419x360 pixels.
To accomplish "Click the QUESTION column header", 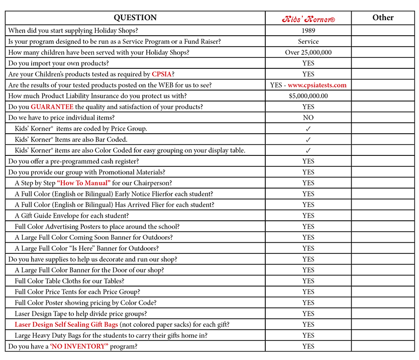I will click(x=135, y=18).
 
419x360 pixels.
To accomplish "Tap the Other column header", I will click(x=383, y=18).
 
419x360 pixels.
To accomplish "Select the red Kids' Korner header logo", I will click(x=308, y=19).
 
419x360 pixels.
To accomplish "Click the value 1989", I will click(x=308, y=31).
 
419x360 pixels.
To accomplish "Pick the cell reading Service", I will click(x=308, y=42).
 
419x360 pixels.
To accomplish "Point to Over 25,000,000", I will click(x=308, y=52).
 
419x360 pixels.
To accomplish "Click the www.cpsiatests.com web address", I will click(x=317, y=85).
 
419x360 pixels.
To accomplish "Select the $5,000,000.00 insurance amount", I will click(x=308, y=96).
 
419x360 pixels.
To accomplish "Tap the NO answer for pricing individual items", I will click(x=308, y=118).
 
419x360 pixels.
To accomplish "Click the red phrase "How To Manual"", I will click(x=83, y=183).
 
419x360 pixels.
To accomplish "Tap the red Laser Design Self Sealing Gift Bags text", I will click(x=66, y=324).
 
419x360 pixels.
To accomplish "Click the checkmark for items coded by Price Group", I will click(x=308, y=129).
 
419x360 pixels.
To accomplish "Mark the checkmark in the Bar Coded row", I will click(x=308, y=140).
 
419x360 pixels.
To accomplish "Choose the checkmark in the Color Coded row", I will click(x=308, y=150).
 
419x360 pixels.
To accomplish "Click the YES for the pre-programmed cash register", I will click(x=308, y=161).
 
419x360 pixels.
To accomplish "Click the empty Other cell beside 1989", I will click(x=383, y=31).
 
